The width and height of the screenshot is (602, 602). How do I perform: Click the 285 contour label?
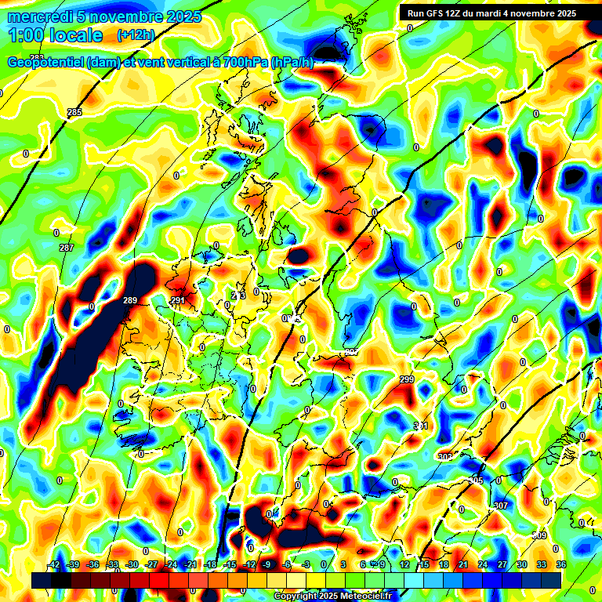coord(74,113)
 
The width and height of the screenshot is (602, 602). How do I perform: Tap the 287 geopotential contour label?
coord(67,248)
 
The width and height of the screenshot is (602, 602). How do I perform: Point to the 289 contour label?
coord(130,300)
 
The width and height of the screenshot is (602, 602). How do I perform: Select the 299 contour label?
coord(407,379)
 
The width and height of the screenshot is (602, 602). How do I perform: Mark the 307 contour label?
coord(502,506)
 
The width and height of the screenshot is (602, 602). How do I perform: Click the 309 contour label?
coord(539,535)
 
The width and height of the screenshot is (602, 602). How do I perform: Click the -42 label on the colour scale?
coord(54,564)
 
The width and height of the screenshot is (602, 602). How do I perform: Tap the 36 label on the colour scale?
coord(560,564)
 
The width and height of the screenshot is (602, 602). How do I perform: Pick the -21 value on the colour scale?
coord(190,564)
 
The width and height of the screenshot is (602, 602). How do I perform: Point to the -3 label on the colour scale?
coord(306,564)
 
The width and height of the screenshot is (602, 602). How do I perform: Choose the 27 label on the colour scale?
coord(502,564)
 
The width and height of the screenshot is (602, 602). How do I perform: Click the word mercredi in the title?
coord(39,16)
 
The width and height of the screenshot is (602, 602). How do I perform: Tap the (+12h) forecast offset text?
coord(136,35)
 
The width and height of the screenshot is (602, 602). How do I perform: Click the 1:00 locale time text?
coord(55,35)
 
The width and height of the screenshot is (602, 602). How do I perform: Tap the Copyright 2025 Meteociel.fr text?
coord(332,596)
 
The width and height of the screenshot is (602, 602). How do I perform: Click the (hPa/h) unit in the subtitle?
coord(292,63)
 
